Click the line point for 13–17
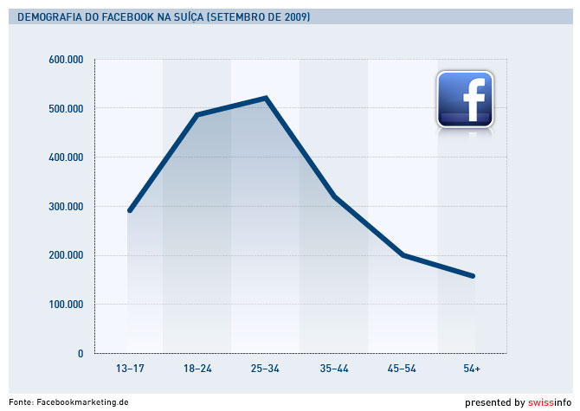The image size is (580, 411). [129, 210]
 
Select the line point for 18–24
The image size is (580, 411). [197, 115]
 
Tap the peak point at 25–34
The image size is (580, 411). [266, 98]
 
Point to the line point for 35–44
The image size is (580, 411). [334, 196]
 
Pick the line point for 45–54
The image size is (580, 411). [403, 255]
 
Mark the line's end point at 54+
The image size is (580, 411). [473, 276]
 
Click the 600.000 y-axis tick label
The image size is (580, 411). [66, 60]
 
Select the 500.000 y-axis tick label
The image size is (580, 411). [66, 109]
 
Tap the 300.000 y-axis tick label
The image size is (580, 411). [66, 207]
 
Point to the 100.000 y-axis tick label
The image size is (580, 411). [66, 305]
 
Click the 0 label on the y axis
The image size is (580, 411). [80, 354]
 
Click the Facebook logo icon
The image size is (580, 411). [465, 99]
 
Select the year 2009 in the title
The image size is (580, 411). [295, 17]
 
